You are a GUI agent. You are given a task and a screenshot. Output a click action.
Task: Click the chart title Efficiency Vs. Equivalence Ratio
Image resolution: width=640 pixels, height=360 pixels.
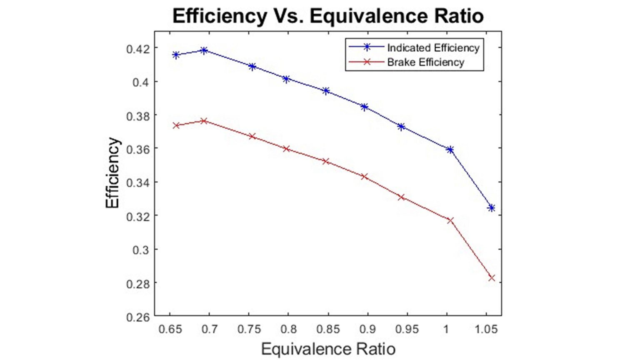click(x=328, y=16)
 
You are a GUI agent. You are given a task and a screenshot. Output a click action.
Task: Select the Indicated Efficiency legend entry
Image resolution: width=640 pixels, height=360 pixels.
click(x=433, y=48)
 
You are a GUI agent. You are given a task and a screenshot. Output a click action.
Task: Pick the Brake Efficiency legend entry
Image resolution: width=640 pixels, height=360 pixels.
click(x=425, y=62)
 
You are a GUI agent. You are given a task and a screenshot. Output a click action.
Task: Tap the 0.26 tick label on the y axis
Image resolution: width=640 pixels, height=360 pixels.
click(x=137, y=317)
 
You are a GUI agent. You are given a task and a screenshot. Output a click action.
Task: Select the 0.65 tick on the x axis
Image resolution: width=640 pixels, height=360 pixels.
click(x=170, y=329)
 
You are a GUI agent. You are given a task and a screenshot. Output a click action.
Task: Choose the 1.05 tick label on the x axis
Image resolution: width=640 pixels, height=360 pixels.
click(x=486, y=329)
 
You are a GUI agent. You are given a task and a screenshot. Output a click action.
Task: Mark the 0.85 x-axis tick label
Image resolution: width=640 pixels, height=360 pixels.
click(x=328, y=329)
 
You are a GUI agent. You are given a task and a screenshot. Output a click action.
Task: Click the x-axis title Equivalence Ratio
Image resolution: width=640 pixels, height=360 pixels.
click(x=328, y=349)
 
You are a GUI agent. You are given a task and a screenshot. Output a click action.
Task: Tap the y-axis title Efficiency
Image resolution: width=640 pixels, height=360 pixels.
click(x=112, y=173)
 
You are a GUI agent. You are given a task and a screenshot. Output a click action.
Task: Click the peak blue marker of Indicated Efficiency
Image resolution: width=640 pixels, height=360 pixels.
click(x=204, y=50)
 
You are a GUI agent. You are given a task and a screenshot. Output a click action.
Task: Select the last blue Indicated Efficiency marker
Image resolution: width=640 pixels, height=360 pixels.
click(x=491, y=208)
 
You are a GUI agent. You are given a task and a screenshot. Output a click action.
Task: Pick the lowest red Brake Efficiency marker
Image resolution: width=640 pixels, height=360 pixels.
click(x=491, y=278)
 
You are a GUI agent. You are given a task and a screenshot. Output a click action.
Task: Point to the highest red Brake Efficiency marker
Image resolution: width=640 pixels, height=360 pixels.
click(x=204, y=121)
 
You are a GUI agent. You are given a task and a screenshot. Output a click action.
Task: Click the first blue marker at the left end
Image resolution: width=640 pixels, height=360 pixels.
click(x=176, y=55)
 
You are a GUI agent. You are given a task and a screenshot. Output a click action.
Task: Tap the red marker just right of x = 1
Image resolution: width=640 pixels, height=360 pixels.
click(x=450, y=220)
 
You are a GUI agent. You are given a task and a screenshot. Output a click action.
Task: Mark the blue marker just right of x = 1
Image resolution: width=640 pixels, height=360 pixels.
click(x=450, y=150)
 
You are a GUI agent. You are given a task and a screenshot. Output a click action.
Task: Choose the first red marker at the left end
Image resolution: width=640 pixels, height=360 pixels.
click(x=176, y=125)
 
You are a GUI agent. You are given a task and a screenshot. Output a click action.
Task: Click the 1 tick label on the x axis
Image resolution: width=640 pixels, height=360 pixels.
click(x=446, y=329)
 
